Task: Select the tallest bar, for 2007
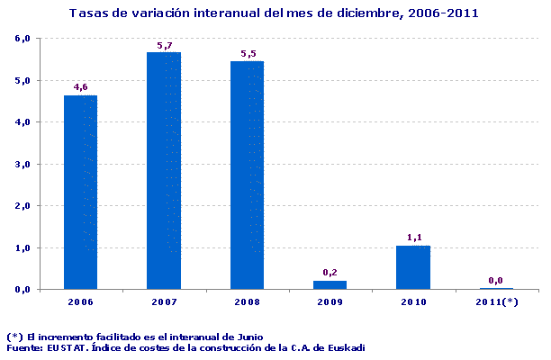tap(164, 170)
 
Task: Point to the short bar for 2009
tap(330, 284)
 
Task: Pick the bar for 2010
tap(414, 266)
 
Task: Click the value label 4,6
tap(80, 87)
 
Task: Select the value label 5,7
tap(164, 45)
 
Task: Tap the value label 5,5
tap(248, 54)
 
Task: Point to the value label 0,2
tap(330, 272)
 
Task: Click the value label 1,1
tap(414, 238)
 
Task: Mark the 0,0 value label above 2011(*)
tap(497, 281)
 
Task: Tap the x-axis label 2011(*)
tap(497, 301)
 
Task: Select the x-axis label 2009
tap(330, 301)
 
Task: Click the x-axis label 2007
tap(164, 301)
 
